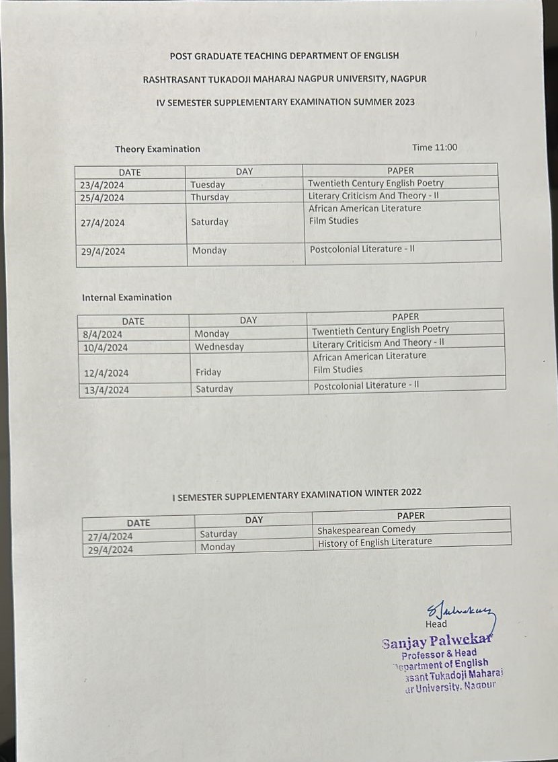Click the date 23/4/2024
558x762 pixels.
(102, 185)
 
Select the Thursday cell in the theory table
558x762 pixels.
(210, 197)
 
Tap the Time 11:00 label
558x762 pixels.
(434, 147)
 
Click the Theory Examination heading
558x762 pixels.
(157, 149)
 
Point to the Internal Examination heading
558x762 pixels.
(127, 297)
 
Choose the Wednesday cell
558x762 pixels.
(219, 347)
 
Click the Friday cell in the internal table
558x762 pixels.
(208, 372)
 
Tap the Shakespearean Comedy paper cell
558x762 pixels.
(366, 529)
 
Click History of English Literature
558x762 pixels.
(375, 542)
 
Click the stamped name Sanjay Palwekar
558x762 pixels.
(436, 640)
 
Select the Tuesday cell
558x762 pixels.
(208, 184)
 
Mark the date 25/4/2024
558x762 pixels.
(102, 198)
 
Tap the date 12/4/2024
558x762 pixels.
(106, 373)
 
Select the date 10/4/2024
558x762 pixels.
(106, 348)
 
